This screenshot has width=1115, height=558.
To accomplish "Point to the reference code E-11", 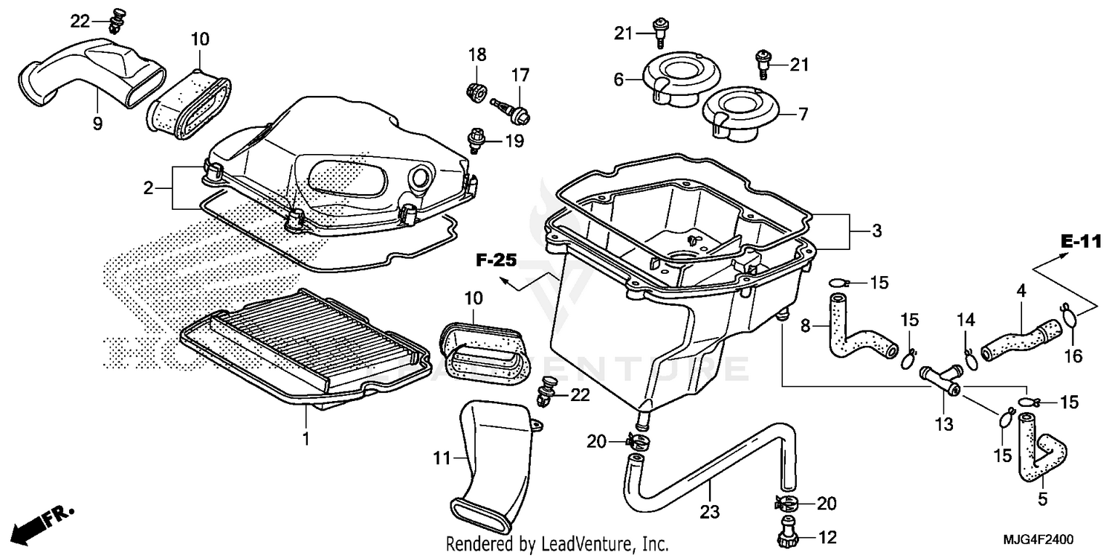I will pyautogui.click(x=1080, y=242).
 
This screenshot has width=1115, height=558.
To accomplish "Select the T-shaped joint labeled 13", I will pyautogui.click(x=940, y=377).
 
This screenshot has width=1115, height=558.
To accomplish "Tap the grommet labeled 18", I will pyautogui.click(x=475, y=94).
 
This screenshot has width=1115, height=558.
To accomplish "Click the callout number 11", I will pyautogui.click(x=442, y=459).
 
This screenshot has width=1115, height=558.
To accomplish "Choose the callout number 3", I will pyautogui.click(x=877, y=231).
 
